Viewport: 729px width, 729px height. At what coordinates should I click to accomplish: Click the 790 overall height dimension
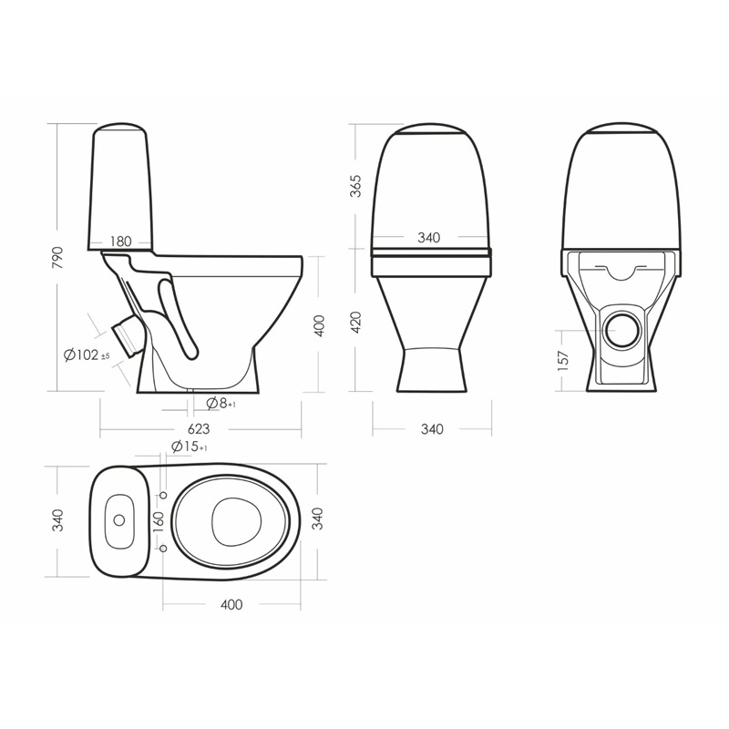click(x=57, y=258)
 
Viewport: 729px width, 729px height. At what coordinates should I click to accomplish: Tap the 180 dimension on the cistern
click(x=121, y=241)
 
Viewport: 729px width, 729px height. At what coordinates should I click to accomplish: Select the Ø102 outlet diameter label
click(x=87, y=355)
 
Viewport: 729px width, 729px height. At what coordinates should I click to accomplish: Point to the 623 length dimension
click(x=199, y=428)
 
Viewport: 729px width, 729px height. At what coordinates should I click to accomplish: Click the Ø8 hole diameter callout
click(x=221, y=404)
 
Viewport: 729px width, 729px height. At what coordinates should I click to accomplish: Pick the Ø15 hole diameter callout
click(x=190, y=447)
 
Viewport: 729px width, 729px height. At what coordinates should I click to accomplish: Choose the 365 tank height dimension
click(x=355, y=186)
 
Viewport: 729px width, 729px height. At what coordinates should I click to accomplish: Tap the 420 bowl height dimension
click(x=355, y=322)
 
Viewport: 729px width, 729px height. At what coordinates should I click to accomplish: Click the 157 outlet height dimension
click(x=563, y=361)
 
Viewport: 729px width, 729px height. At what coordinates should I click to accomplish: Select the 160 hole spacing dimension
click(x=159, y=522)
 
